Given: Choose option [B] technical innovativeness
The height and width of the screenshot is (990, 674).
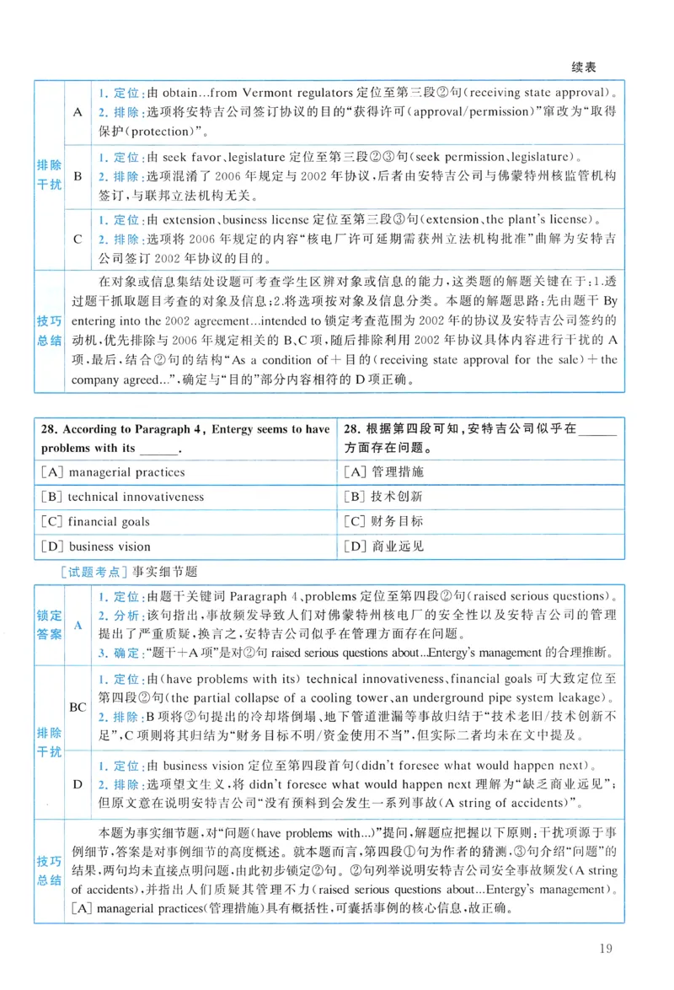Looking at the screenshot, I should (x=122, y=497).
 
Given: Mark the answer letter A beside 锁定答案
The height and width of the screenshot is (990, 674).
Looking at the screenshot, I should (x=78, y=625).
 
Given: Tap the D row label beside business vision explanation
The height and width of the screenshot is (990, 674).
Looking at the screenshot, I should (x=78, y=784).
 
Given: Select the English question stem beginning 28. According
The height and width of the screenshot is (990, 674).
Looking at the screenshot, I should (x=185, y=438).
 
